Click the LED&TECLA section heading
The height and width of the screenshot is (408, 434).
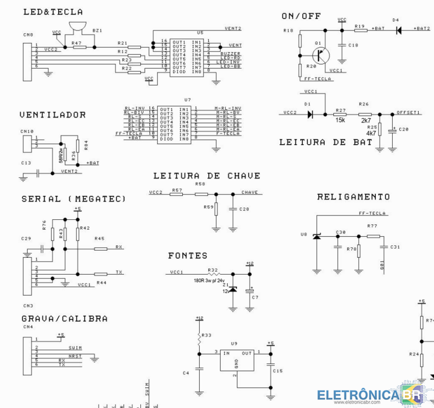[52, 11]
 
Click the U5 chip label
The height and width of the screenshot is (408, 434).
[200, 33]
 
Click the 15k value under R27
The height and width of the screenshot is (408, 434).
[340, 120]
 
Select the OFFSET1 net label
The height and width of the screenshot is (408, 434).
[410, 112]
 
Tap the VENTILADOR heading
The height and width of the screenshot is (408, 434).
[52, 115]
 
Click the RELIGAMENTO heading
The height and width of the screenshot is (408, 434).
[354, 196]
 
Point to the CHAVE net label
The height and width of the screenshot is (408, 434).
[250, 193]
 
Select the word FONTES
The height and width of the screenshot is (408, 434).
[188, 255]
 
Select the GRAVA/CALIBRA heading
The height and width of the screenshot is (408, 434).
[64, 318]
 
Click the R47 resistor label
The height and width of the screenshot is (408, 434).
[76, 42]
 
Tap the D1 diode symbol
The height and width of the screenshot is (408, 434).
[310, 114]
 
